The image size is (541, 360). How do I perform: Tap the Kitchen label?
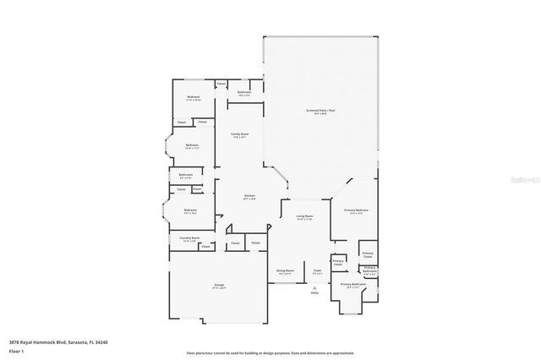click(x=249, y=196)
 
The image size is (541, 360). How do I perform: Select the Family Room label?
click(x=240, y=134)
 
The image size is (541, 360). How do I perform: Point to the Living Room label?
click(x=304, y=218)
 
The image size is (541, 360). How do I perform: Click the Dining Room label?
click(x=284, y=270)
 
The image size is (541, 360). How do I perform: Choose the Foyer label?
click(x=318, y=270)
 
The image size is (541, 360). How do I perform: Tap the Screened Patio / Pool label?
click(x=319, y=112)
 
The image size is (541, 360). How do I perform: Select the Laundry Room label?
click(x=190, y=238)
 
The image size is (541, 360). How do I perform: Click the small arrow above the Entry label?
click(x=314, y=286)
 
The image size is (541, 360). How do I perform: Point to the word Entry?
click(x=314, y=292)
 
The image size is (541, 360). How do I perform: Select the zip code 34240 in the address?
click(x=101, y=342)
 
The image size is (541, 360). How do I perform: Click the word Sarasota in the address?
click(x=74, y=342)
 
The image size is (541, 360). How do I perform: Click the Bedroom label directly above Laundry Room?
click(x=191, y=210)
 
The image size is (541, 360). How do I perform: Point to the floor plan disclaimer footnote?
click(x=270, y=352)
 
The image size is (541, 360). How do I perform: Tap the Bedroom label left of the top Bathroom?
click(x=194, y=97)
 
